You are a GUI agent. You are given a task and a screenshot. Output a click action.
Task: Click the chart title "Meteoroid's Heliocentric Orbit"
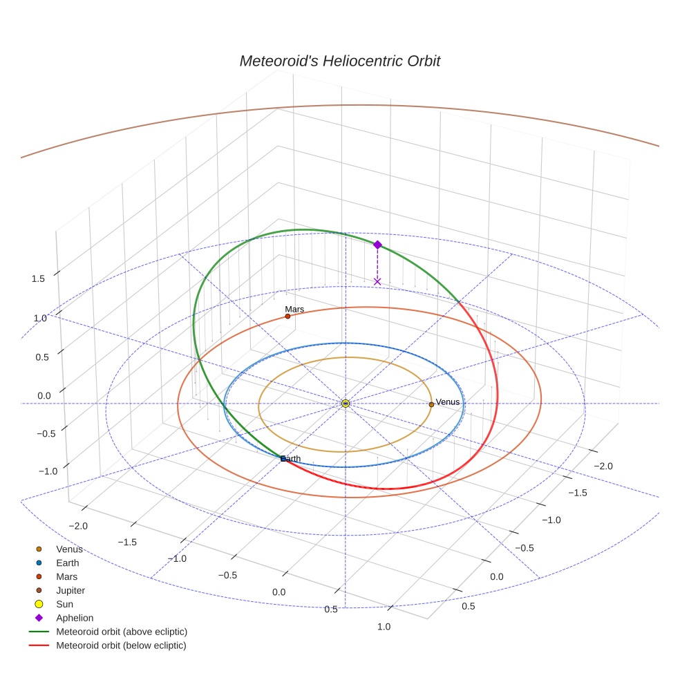coord(339,61)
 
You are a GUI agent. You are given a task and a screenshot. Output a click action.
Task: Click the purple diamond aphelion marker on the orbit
coord(377,245)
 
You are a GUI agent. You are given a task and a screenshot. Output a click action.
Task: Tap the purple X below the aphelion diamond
coord(377,281)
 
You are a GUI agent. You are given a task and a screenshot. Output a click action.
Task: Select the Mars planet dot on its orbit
coord(287,317)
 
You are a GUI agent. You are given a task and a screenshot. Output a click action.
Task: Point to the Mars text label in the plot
coord(294,310)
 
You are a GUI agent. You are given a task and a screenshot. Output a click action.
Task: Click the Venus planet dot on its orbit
coord(431,404)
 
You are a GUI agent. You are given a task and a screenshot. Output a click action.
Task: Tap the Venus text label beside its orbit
coord(448,402)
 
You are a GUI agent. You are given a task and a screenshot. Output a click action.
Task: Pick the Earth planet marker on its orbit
coord(283,459)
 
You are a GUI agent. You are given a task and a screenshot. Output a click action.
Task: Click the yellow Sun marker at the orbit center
coord(346,403)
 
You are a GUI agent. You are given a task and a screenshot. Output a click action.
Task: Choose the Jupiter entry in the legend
coord(70,590)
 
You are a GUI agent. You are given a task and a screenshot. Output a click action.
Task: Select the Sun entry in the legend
coord(64,604)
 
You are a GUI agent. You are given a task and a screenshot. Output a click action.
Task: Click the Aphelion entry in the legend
coord(75,618)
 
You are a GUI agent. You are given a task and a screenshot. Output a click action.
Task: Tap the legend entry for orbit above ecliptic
coord(122,632)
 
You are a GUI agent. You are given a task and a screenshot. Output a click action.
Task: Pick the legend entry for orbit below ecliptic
coord(122,645)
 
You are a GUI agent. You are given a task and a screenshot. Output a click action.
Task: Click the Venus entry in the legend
coord(69,549)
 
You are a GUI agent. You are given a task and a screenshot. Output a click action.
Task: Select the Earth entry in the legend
coord(68,563)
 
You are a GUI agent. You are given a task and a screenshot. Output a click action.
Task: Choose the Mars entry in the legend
coord(67,576)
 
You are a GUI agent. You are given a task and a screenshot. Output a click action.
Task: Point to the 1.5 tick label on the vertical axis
coord(38,278)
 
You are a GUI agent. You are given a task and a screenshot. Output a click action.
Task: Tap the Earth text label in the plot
coord(292,459)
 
